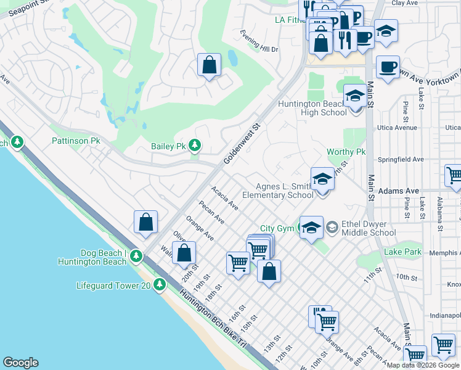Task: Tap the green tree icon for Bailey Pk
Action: pos(195,146)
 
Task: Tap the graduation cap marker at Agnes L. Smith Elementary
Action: pos(322,180)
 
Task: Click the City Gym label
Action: pos(277,228)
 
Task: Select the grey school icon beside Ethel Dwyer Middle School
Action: pos(332,228)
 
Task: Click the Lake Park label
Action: pos(402,252)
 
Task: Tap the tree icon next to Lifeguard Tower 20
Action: pos(160,285)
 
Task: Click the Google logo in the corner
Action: pos(20,363)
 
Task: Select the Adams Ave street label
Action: pos(399,192)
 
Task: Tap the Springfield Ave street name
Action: pos(401,159)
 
